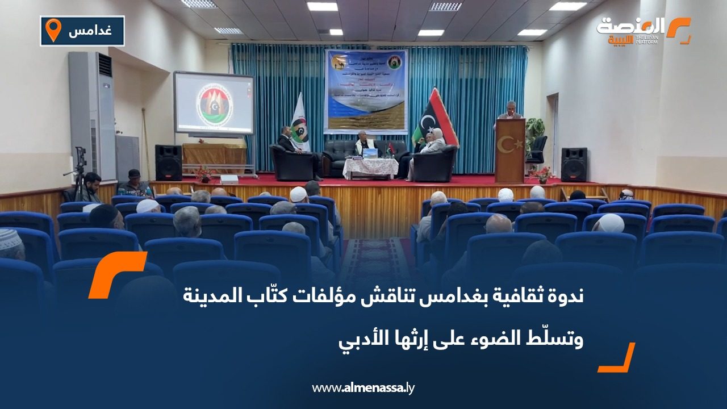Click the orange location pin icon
point(53,30)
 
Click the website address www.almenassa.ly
point(363,388)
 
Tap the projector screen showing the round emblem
point(214,103)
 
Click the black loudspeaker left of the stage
point(168,162)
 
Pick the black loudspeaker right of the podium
point(574,164)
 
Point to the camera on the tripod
point(80,156)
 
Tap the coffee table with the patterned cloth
point(370,166)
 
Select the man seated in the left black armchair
point(288,145)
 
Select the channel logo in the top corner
point(643,31)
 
